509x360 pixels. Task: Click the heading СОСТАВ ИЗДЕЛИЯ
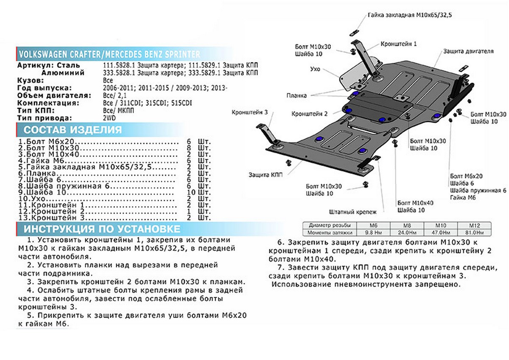[73, 129]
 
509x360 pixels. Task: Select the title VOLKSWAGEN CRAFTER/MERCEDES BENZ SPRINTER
[108, 54]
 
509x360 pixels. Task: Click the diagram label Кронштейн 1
[398, 44]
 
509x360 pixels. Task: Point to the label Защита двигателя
[468, 51]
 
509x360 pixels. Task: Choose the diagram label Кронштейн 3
[249, 112]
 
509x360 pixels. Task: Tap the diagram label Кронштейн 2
[310, 114]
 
